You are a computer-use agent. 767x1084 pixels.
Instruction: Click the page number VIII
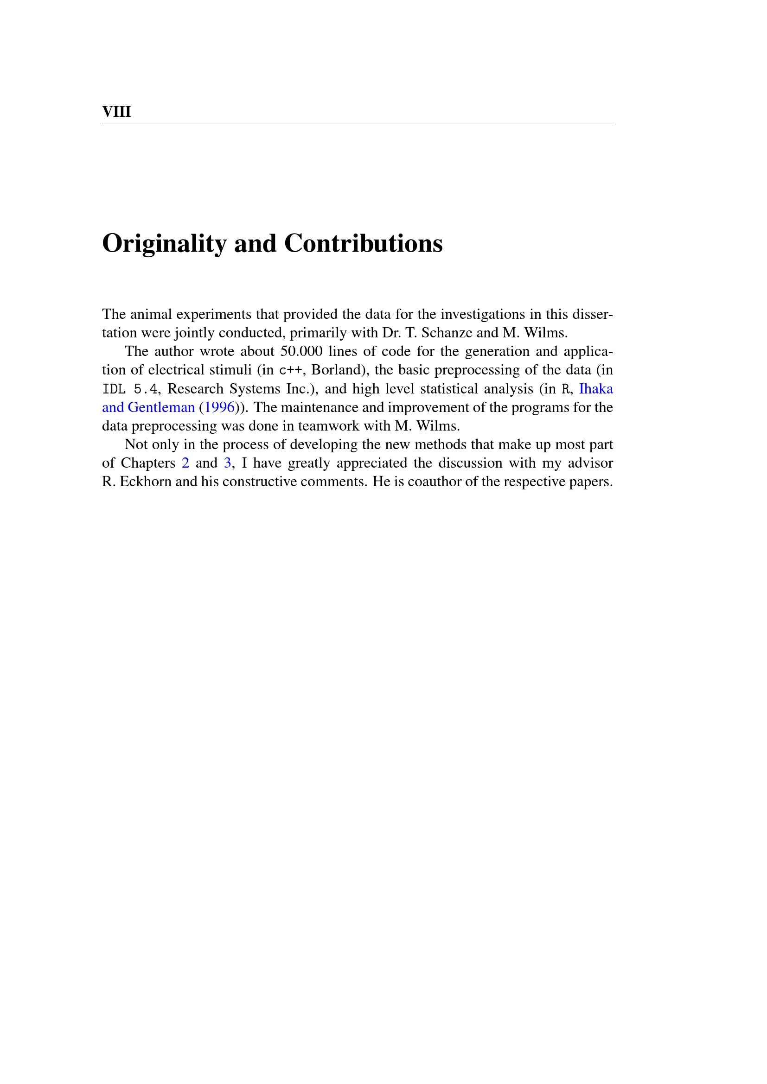tap(116, 112)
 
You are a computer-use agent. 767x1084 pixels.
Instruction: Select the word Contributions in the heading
tap(363, 244)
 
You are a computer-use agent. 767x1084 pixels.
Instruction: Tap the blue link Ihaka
tap(595, 388)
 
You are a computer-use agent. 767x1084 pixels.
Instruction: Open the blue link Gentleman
tap(161, 407)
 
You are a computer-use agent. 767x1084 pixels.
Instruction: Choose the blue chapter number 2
tap(185, 463)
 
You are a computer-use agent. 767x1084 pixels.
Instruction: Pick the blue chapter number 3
tap(228, 463)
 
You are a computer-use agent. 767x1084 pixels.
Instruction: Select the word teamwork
tap(329, 426)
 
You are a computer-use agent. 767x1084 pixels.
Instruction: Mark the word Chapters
tap(148, 463)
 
